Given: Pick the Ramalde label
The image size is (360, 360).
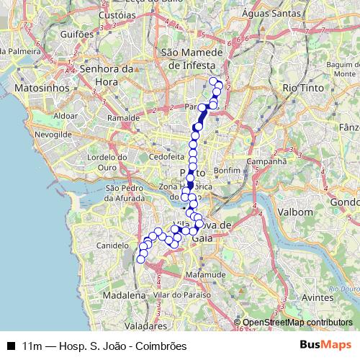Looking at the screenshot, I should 122,117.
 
